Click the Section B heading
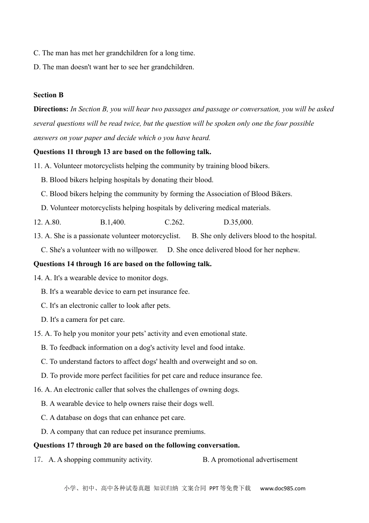[x=49, y=95]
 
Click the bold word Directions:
[x=51, y=109]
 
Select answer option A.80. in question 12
[x=53, y=222]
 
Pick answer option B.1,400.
[x=113, y=222]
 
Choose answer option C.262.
[x=174, y=222]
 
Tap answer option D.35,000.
[x=238, y=222]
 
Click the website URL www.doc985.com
[x=282, y=488]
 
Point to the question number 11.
[x=38, y=166]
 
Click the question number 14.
[x=38, y=278]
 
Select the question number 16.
[x=38, y=390]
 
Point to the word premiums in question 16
[x=190, y=432]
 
